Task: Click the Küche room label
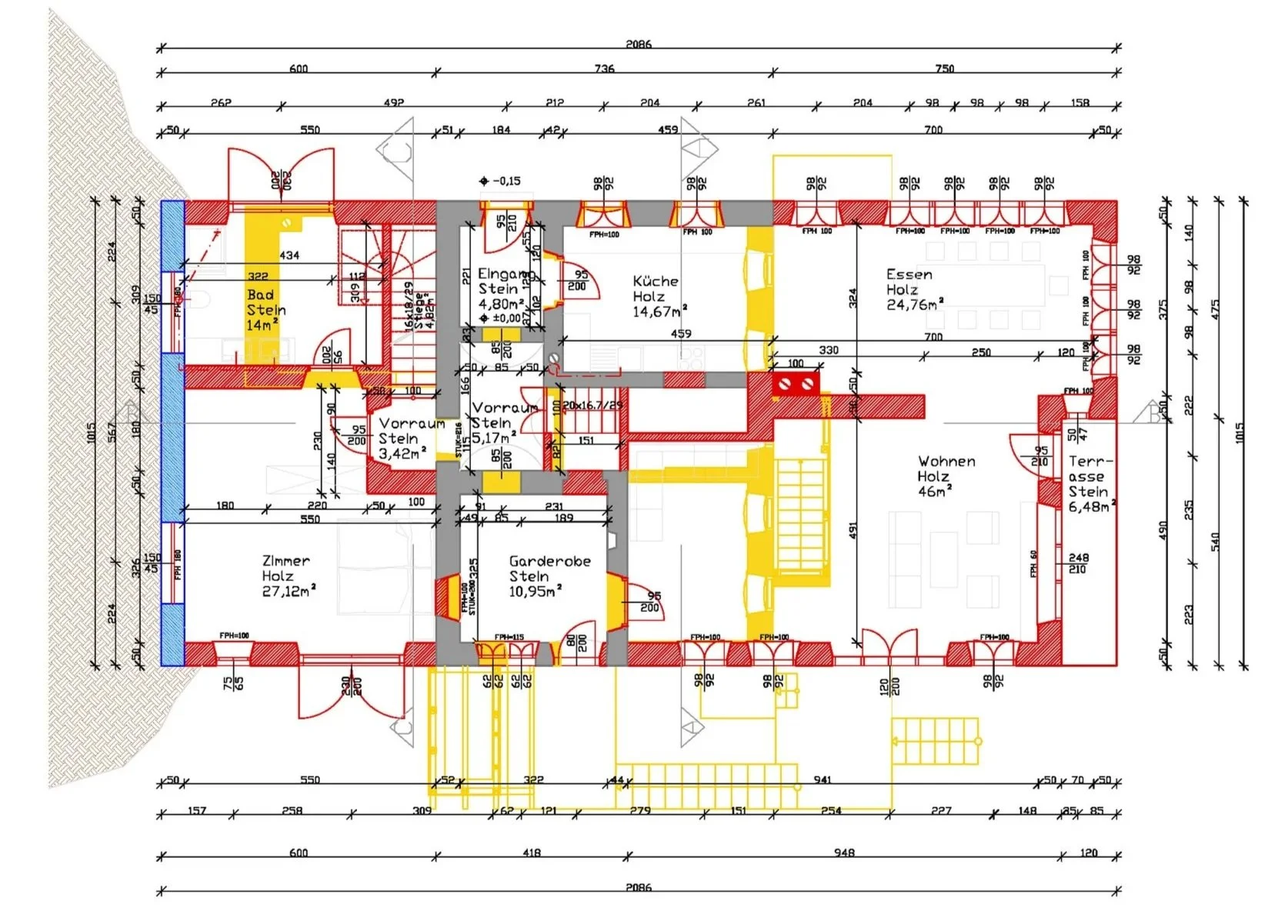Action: coord(655,282)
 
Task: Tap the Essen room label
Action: coord(909,275)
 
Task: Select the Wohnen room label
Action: coord(946,462)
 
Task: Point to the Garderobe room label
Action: coord(549,562)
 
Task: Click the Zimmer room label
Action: coord(285,561)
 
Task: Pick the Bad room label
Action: coord(260,295)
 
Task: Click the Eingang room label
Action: coord(506,275)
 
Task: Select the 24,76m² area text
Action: coord(914,305)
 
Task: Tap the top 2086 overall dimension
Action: coord(638,44)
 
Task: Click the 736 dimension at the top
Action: coord(604,68)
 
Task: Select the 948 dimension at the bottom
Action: coord(843,853)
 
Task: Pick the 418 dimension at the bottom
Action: coord(531,853)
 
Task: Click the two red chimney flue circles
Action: coord(796,382)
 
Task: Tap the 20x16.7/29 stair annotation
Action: coord(592,405)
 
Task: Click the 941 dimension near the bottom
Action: coord(822,780)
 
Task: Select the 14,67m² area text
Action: coord(659,312)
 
